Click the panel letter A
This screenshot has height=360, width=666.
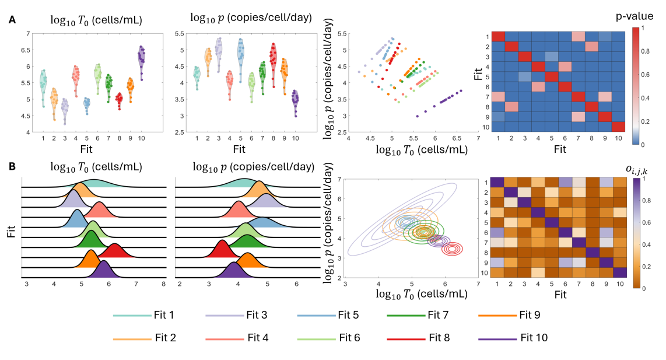[x=12, y=19]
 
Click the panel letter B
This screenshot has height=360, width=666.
[x=12, y=167]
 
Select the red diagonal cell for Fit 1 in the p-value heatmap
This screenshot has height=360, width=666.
[x=498, y=36]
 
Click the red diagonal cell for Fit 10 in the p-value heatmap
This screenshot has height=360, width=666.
[x=618, y=127]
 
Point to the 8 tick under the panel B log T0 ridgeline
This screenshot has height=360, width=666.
[x=164, y=284]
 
